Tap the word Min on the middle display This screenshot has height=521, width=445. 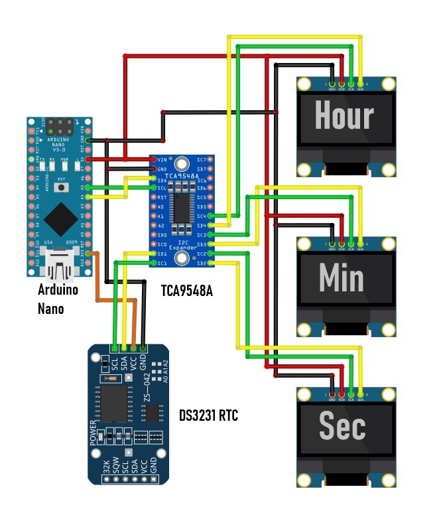(342, 277)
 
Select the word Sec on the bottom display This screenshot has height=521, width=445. (342, 425)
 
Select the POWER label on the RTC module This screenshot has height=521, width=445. (93, 432)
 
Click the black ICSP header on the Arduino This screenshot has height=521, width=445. (64, 125)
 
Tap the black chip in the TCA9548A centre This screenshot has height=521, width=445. (182, 208)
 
